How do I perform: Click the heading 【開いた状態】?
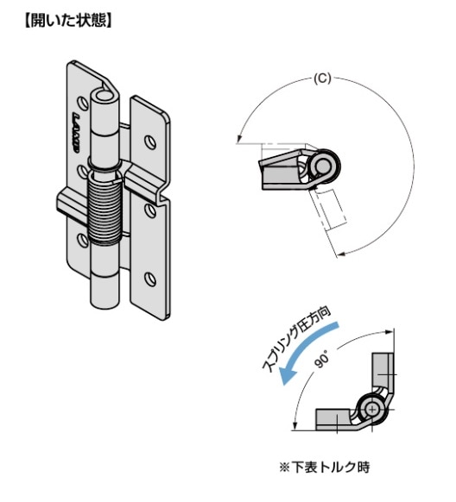68,21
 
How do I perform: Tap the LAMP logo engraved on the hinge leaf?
76,133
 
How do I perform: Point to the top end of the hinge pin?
104,95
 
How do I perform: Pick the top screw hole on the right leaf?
150,141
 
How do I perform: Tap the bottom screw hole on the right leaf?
150,279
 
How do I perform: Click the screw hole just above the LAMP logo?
83,103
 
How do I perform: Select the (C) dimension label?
322,78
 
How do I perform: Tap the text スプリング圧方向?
295,341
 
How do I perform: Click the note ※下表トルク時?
325,467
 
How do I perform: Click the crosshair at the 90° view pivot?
372,409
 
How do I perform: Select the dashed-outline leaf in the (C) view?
329,208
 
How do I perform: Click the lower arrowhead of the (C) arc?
341,254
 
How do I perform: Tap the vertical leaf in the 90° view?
383,373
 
